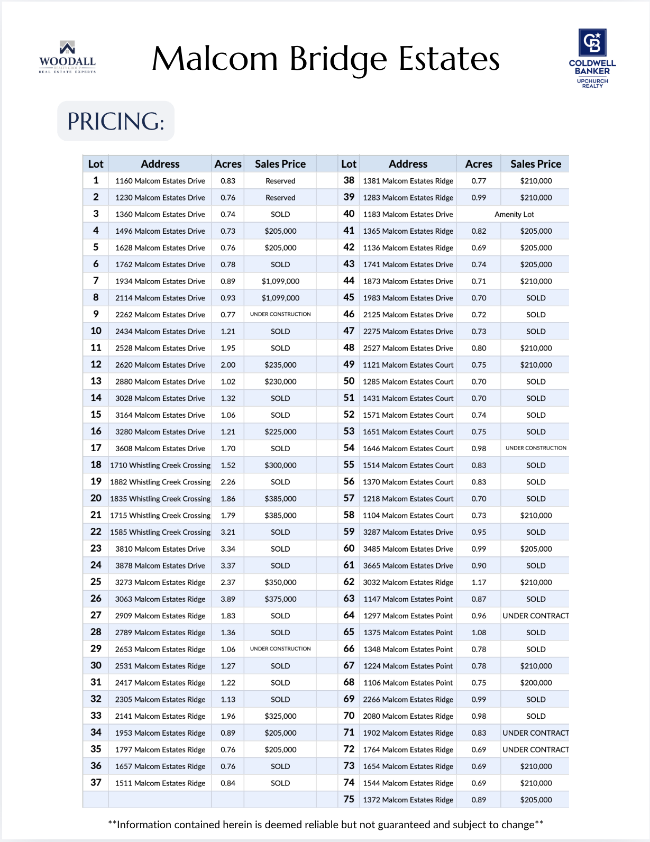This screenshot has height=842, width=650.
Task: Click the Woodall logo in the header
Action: coord(67,57)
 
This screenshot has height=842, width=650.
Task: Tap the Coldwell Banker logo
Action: coord(592,58)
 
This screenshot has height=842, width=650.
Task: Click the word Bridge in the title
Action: coord(338,59)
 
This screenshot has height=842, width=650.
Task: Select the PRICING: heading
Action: coord(115,121)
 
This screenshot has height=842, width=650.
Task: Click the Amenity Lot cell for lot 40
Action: coord(514,214)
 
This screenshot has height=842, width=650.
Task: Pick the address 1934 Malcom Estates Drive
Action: coord(160,281)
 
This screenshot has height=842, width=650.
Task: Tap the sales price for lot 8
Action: coord(280,298)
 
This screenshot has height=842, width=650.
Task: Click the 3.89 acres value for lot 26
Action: coord(228,599)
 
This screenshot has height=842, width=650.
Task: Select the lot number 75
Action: coord(349,800)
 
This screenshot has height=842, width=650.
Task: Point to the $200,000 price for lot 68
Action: coord(536,683)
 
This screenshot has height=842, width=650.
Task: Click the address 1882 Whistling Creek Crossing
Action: coord(160,482)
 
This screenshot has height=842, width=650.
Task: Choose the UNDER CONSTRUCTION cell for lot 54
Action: coord(536,448)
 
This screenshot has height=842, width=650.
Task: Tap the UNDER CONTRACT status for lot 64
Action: coord(536,616)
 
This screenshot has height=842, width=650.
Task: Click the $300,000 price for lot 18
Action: coord(280,465)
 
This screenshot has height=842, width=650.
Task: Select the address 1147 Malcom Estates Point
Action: coord(408,599)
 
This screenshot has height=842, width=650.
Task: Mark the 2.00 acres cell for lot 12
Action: coord(228,365)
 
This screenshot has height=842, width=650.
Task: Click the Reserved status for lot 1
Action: coord(280,181)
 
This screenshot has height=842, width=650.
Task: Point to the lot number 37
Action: coord(96,783)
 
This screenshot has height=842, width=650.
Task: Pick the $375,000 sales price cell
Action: coord(280,599)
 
